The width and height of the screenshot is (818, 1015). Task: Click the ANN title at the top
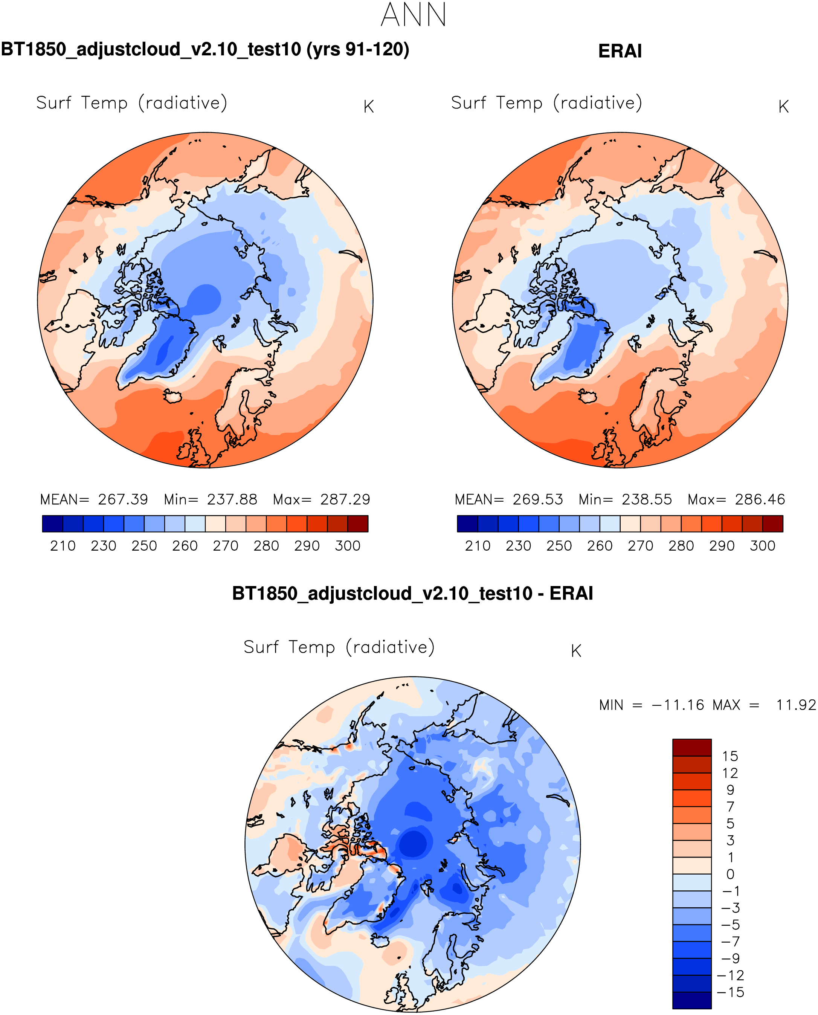pyautogui.click(x=413, y=15)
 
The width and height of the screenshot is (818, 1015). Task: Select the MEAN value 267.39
pyautogui.click(x=123, y=499)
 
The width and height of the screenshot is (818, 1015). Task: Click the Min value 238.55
pyautogui.click(x=647, y=499)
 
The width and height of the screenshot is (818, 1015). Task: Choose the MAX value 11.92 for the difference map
pyautogui.click(x=795, y=705)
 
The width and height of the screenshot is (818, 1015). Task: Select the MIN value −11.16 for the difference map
pyautogui.click(x=678, y=705)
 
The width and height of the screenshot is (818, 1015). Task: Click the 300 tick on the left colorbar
pyautogui.click(x=348, y=546)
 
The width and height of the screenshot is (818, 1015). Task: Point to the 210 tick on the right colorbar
pyautogui.click(x=478, y=546)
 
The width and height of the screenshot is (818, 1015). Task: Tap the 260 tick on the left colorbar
pyautogui.click(x=185, y=546)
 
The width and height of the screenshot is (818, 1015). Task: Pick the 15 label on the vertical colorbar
pyautogui.click(x=730, y=756)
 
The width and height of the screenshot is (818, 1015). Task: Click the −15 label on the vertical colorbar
pyautogui.click(x=730, y=992)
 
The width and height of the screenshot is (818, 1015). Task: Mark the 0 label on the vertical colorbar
pyautogui.click(x=730, y=874)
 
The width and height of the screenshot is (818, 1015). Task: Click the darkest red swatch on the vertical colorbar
pyautogui.click(x=692, y=747)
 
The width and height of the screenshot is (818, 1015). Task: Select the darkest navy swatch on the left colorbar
pyautogui.click(x=52, y=524)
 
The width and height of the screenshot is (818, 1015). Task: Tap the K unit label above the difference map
pyautogui.click(x=576, y=651)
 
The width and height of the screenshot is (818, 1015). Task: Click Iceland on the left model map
pyautogui.click(x=173, y=396)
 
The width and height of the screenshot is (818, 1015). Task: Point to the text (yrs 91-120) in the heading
pyautogui.click(x=358, y=49)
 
